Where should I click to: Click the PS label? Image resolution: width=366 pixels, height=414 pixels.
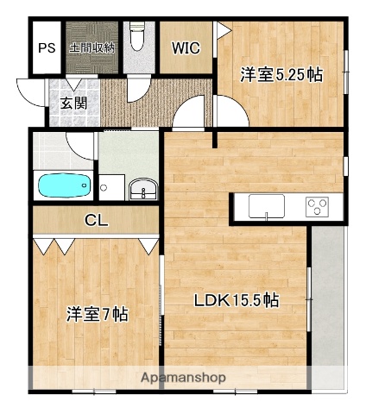coord(47,47)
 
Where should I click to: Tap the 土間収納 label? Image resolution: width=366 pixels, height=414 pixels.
coord(92,47)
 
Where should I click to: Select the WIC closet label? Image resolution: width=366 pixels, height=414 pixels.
coord(186,48)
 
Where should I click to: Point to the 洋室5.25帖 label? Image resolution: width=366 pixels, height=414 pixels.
coord(281,75)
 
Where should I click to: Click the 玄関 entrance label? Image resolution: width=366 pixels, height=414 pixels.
coord(73,103)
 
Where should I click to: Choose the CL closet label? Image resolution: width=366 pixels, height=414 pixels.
coord(96,221)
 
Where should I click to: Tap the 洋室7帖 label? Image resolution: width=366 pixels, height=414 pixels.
coord(97,315)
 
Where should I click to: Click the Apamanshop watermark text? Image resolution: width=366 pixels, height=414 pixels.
coord(182,378)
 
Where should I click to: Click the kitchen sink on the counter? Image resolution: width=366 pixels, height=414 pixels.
coord(267,207)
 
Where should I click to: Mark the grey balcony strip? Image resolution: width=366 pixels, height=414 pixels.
coord(327,302)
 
